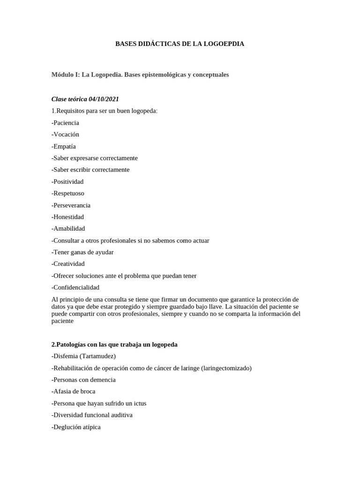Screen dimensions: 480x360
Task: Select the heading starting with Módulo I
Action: point(140,75)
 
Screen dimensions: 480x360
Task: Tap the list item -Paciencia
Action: point(65,123)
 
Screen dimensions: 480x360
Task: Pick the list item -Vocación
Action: point(65,135)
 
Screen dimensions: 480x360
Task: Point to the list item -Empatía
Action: point(64,146)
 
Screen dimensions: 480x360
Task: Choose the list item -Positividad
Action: point(67,181)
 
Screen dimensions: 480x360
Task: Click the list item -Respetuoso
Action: point(67,193)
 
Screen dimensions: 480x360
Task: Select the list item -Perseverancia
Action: point(71,205)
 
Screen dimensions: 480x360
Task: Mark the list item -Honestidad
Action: point(68,217)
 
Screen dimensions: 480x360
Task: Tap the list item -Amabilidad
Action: point(68,229)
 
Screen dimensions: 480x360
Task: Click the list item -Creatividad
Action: point(68,264)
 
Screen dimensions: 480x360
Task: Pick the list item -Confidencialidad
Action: point(75,287)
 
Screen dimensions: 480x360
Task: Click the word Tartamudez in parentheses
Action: point(97,356)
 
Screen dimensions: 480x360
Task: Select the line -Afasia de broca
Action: point(73,391)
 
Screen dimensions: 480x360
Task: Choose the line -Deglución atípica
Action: point(76,427)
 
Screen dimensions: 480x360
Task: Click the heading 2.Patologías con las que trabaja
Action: point(114,345)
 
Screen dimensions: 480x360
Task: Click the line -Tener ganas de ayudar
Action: point(82,252)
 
